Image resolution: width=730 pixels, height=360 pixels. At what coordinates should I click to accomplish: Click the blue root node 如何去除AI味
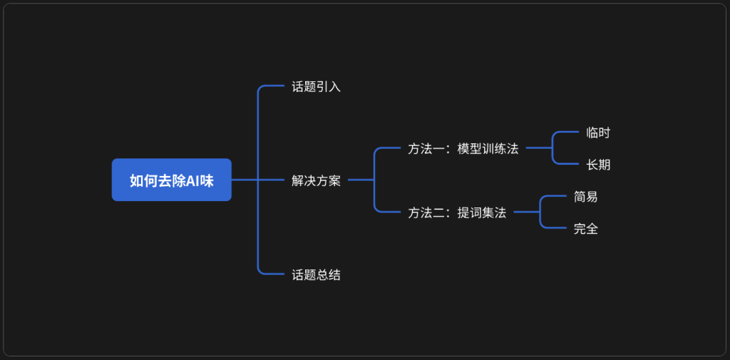[x=171, y=180]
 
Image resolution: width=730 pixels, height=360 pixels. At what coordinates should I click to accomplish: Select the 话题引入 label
[x=316, y=87]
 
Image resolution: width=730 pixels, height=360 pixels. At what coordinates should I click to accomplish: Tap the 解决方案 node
[x=316, y=180]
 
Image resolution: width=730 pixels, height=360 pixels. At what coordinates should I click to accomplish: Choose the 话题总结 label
[x=316, y=274]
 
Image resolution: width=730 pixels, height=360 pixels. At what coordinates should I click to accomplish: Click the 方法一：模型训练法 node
[x=463, y=149]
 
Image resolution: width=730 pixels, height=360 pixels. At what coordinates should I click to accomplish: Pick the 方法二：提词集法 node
[x=457, y=212]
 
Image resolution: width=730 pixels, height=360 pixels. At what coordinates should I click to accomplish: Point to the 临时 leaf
[x=597, y=133]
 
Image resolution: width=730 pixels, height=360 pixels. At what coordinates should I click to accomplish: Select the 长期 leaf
[x=597, y=165]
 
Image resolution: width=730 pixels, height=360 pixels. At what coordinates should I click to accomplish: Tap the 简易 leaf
[x=585, y=196]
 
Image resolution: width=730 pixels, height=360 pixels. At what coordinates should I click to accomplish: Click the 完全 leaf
[x=585, y=229]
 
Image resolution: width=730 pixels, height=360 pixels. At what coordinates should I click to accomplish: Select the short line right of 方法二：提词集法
[x=526, y=212]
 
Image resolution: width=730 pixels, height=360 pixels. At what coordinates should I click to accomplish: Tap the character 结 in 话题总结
[x=334, y=274]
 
